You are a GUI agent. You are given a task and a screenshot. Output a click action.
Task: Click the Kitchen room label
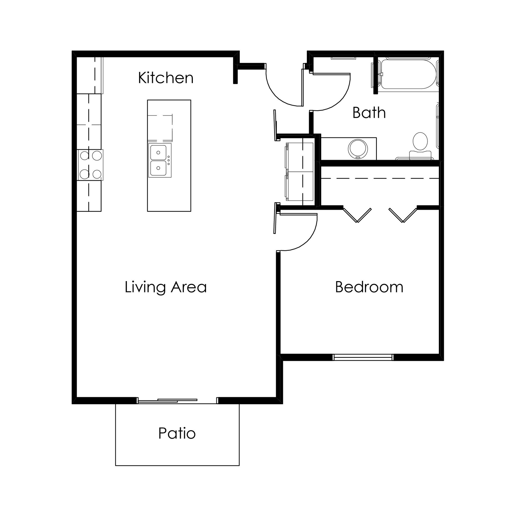[165, 78]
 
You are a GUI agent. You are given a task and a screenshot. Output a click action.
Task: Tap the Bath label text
[369, 113]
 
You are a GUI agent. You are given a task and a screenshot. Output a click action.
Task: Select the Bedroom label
[369, 287]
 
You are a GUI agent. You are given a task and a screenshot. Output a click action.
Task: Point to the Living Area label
[165, 287]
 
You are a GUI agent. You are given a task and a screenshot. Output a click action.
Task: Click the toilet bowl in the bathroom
[420, 141]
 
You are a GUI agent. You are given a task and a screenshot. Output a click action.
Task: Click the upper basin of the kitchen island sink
[158, 152]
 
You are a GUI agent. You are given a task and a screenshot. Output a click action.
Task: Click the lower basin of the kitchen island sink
[158, 168]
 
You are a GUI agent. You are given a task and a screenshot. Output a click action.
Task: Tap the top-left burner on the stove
[84, 155]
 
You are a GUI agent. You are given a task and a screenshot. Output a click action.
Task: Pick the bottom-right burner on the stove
[97, 174]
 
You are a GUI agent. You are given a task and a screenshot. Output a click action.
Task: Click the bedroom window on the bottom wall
[363, 357]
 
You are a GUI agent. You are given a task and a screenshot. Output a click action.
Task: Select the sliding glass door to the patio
[168, 401]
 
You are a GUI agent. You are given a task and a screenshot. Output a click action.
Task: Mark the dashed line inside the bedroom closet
[380, 178]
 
